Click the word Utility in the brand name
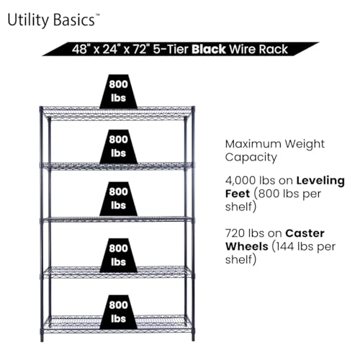28,20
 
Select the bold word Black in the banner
209,49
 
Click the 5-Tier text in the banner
171,50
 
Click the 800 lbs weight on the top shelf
118,91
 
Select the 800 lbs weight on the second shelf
118,147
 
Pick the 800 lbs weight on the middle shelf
118,199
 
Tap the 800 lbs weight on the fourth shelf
118,256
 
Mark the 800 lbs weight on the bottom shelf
118,312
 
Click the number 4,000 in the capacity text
240,181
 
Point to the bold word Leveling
320,181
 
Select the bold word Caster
305,233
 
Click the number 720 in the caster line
235,233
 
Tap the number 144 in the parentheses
285,246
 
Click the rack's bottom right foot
193,337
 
